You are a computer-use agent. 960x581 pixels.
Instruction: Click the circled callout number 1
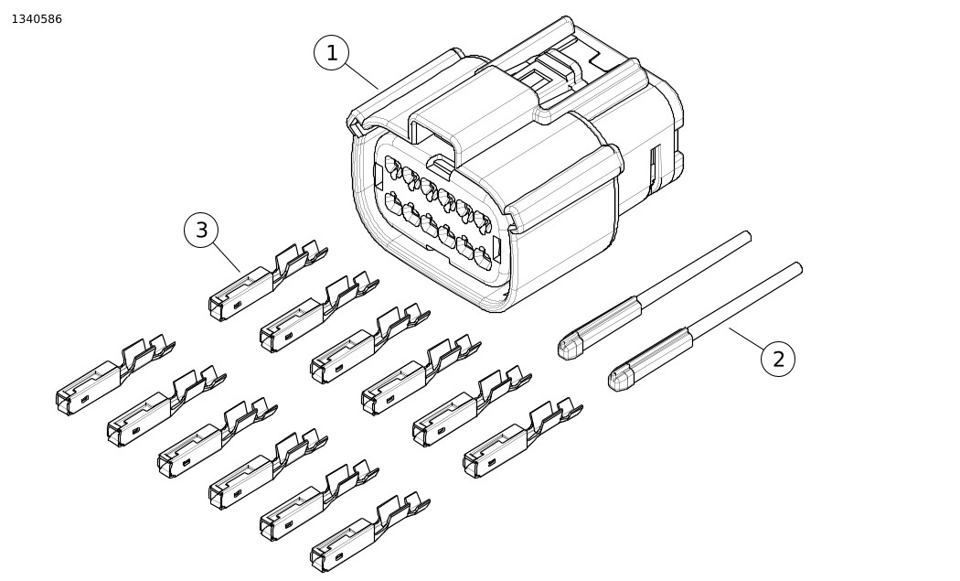[331, 53]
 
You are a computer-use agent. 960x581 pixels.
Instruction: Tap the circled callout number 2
[777, 360]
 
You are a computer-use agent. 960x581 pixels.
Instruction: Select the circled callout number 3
[201, 230]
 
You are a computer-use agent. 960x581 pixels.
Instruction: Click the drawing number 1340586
[37, 19]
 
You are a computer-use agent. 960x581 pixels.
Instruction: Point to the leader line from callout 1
[361, 76]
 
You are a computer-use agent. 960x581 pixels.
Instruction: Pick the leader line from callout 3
[226, 257]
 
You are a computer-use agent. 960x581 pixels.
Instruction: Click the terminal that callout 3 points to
[268, 281]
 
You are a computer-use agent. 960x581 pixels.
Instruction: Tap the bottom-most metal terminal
[369, 532]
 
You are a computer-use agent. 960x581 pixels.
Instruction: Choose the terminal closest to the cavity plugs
[523, 437]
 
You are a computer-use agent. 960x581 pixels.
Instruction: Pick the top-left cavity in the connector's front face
[392, 167]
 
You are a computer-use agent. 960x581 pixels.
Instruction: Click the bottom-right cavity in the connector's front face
[483, 258]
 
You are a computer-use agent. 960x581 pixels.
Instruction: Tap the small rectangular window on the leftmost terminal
[85, 398]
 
